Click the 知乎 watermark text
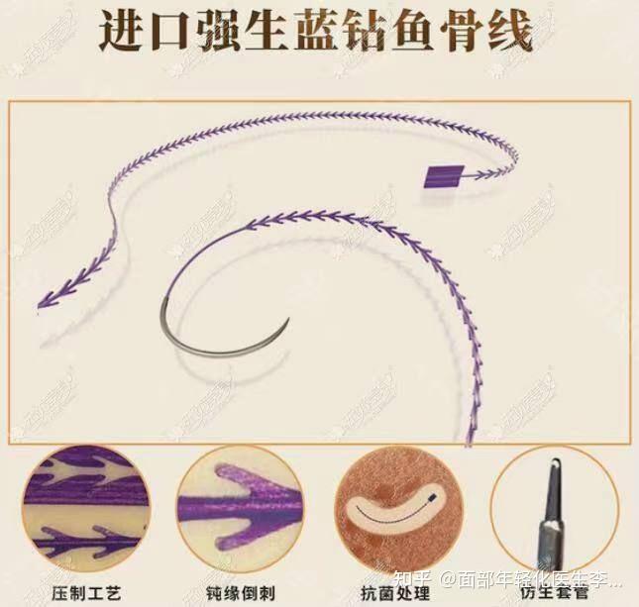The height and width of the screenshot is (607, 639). tap(420, 577)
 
